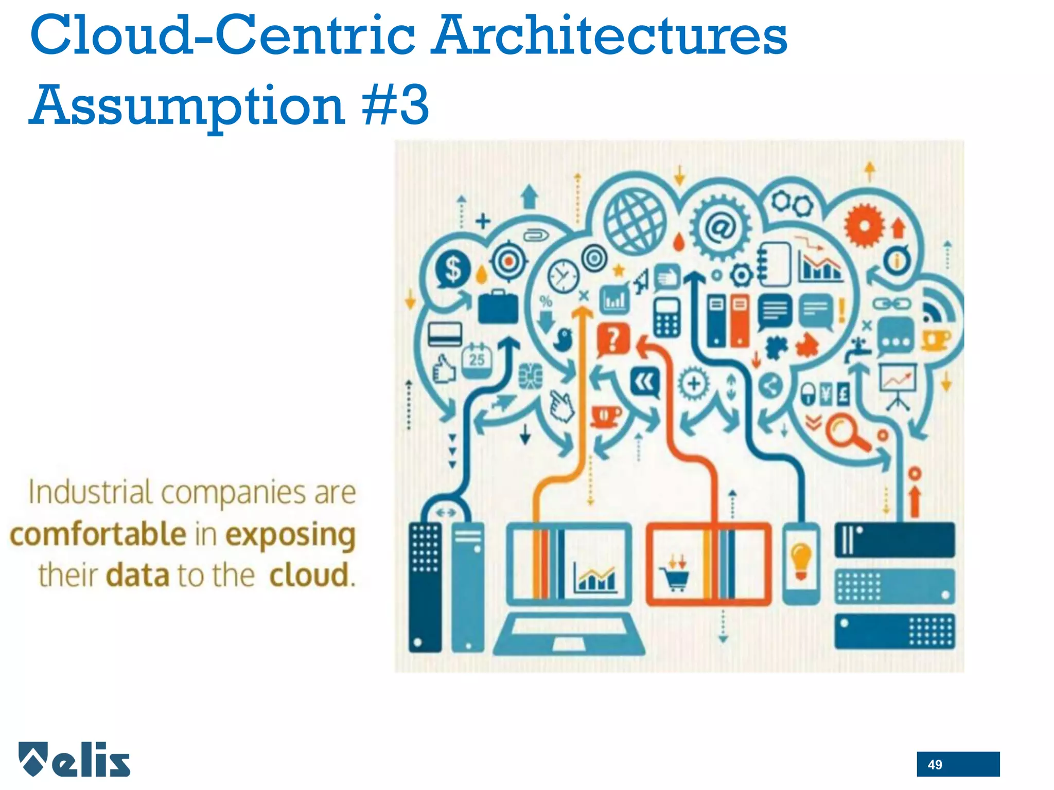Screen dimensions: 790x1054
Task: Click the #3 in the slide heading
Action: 395,105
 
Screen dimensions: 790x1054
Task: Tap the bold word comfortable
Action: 98,534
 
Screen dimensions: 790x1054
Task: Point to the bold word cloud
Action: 310,574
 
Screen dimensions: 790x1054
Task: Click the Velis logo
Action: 75,759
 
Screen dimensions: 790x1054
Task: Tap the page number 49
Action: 935,765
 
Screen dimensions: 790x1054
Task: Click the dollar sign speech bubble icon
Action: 452,270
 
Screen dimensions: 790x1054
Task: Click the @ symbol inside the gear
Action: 720,227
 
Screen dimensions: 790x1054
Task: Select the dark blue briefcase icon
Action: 498,308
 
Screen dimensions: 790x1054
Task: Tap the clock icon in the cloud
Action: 563,276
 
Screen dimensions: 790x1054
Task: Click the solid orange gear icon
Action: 864,225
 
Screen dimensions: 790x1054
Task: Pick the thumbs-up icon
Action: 444,368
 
